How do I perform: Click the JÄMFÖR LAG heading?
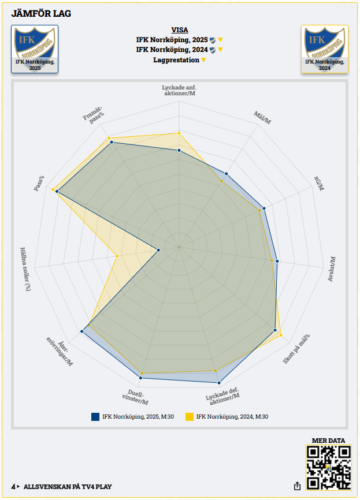(x=41, y=14)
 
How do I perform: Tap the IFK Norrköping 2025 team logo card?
(x=35, y=49)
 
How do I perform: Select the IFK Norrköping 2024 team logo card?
(x=325, y=49)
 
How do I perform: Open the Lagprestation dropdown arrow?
(x=203, y=60)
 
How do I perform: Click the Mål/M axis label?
(x=262, y=118)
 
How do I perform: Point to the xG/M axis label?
(x=320, y=183)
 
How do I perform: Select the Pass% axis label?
(x=39, y=184)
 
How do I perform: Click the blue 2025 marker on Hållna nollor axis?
(x=158, y=250)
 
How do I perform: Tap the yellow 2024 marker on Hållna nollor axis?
(x=117, y=255)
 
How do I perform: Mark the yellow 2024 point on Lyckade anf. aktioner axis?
(x=179, y=133)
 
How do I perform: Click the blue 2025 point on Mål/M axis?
(x=227, y=173)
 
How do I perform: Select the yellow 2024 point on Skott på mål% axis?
(x=281, y=335)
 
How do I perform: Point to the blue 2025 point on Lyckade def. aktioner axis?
(x=219, y=382)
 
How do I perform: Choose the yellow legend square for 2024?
(x=189, y=416)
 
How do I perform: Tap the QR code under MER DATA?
(x=328, y=468)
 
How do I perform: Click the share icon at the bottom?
(x=297, y=486)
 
